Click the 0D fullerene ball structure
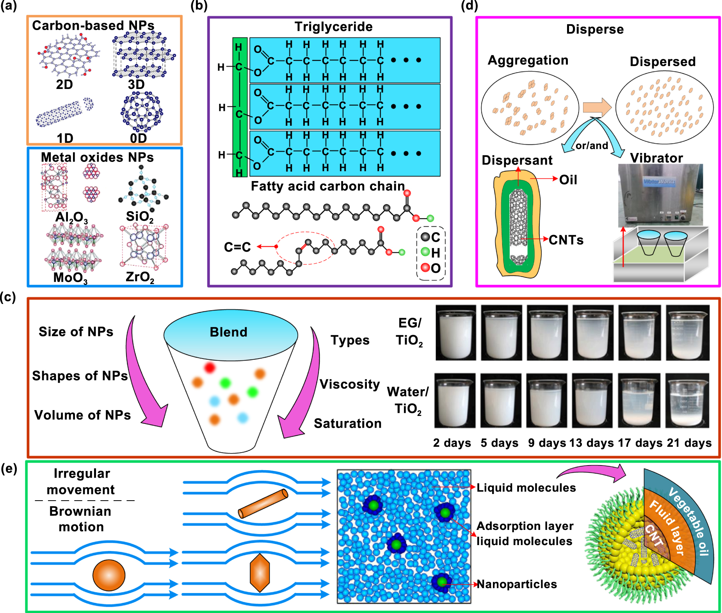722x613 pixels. click(x=141, y=112)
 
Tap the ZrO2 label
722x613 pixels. click(x=140, y=277)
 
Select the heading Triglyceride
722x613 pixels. click(x=333, y=27)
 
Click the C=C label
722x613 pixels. click(x=237, y=247)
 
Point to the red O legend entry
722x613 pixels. click(x=430, y=268)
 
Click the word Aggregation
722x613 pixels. click(x=528, y=60)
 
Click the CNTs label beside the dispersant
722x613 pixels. click(x=566, y=240)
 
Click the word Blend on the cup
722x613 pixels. click(x=228, y=332)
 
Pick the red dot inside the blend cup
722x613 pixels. click(x=210, y=368)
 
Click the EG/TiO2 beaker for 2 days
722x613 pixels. click(x=455, y=333)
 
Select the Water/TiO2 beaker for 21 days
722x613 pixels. click(x=687, y=401)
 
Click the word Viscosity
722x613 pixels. click(x=350, y=384)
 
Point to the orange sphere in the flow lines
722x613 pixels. click(x=109, y=575)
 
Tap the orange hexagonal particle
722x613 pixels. click(x=260, y=573)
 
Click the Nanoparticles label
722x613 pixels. click(x=517, y=584)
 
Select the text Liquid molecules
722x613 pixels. click(x=526, y=488)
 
